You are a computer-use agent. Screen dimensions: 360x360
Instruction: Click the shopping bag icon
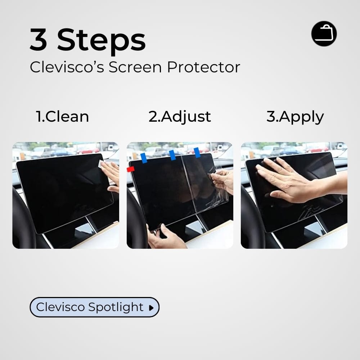point(324,33)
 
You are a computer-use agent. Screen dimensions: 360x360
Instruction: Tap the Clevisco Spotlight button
point(94,307)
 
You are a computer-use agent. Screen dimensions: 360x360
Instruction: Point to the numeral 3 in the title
point(39,40)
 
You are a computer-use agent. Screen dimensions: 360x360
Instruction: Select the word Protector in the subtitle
point(203,67)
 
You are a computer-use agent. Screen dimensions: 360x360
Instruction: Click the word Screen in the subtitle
point(135,67)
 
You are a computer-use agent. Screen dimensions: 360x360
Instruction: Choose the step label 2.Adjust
point(180,117)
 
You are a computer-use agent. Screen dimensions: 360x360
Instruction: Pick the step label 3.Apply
point(295,117)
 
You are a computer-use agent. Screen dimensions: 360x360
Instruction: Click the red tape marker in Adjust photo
point(131,170)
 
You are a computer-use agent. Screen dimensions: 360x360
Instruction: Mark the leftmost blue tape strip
point(144,158)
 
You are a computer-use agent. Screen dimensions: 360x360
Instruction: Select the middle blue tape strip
point(172,155)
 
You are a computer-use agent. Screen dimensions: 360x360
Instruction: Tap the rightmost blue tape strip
point(197,153)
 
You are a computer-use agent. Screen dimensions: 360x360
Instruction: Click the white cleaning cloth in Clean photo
point(102,164)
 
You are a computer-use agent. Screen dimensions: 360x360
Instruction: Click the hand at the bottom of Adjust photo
point(166,238)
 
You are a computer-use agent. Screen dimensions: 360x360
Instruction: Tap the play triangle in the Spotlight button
point(151,308)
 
